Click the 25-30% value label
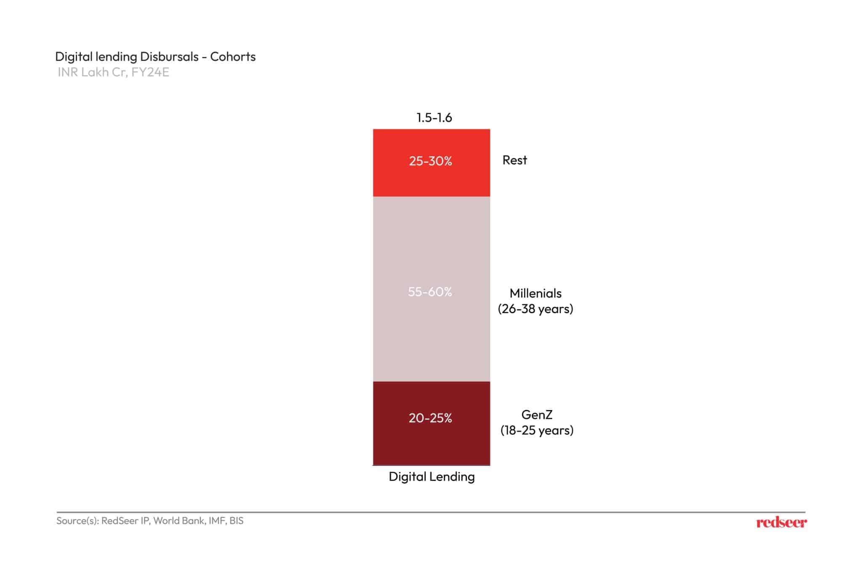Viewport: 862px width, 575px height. [x=430, y=161]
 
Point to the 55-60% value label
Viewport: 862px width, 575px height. [x=430, y=292]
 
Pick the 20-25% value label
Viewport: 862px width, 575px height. [x=430, y=418]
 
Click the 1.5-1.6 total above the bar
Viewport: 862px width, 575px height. [x=434, y=117]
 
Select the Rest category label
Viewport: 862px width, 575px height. [x=514, y=160]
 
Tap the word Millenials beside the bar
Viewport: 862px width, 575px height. [x=535, y=293]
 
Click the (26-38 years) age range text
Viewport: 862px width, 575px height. [x=535, y=309]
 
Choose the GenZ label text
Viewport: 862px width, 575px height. [x=537, y=415]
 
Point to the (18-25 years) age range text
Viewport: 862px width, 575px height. [x=537, y=431]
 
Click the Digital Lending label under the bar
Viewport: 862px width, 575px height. [x=431, y=477]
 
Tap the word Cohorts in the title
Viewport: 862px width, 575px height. [x=233, y=57]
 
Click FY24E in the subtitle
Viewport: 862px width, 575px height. [x=150, y=72]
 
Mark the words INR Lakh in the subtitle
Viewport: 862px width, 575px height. [x=83, y=72]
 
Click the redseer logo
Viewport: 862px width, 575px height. [x=781, y=523]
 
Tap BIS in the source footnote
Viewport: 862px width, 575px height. [x=237, y=521]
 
